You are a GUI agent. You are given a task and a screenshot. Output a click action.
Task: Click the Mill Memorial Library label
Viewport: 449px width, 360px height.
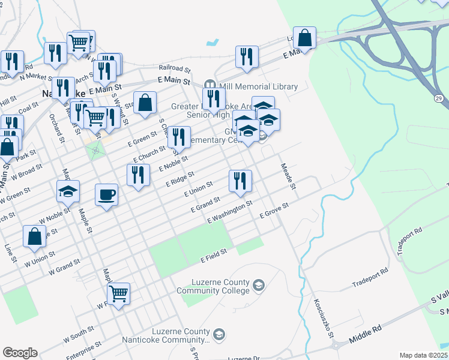coord(258,86)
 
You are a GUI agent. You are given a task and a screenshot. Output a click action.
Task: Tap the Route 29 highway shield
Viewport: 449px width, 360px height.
coord(439,97)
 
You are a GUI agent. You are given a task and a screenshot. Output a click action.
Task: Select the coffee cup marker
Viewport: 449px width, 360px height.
coord(106,195)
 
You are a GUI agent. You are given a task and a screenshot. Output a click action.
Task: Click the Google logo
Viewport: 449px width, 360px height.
coord(20,353)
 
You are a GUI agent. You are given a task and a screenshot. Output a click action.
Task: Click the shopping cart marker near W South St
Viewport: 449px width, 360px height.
coord(119,294)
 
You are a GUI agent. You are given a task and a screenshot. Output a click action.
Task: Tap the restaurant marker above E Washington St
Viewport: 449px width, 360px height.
coord(240,181)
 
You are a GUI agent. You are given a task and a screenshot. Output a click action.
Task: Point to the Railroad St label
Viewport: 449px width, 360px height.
coord(174,69)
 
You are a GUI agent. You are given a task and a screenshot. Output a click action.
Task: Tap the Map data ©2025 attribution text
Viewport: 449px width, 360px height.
coord(423,355)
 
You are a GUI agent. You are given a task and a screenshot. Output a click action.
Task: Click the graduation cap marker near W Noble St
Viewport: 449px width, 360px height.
coord(68,192)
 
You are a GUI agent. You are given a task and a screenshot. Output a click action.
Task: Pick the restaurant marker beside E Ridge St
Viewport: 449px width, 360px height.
coord(138,175)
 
